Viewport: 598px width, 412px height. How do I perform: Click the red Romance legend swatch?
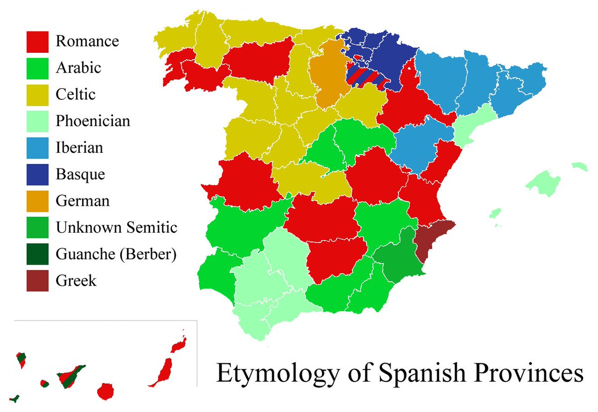[x=37, y=41]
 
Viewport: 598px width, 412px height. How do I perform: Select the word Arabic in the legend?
[x=78, y=68]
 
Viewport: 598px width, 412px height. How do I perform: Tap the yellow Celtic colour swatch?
[x=37, y=95]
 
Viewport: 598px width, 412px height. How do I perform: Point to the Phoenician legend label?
[x=93, y=121]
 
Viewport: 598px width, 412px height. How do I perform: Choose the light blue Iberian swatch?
[x=37, y=148]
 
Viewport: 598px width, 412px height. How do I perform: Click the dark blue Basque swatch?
[x=37, y=175]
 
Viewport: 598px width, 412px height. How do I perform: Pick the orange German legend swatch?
[x=37, y=201]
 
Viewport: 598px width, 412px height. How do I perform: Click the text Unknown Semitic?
[x=117, y=228]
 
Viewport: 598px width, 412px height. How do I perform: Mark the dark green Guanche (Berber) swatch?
[x=37, y=255]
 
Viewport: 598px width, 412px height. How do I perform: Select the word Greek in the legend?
[x=76, y=281]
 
